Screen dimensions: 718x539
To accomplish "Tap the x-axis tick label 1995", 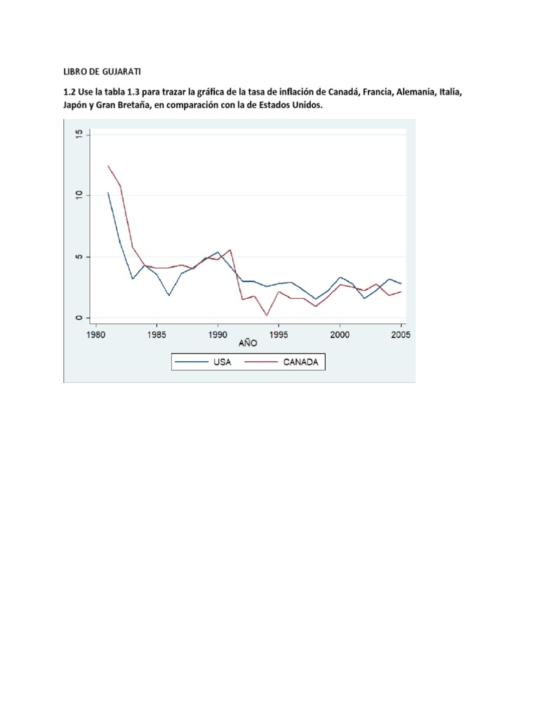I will coord(279,335).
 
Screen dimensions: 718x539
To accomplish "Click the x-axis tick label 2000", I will coord(340,335).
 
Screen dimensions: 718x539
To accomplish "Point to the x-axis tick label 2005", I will coord(400,335).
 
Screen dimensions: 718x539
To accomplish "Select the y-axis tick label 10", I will coord(79,195).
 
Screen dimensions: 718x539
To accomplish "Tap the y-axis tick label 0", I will coord(79,318).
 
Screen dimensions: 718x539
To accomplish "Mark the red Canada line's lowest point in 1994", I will coord(267,316).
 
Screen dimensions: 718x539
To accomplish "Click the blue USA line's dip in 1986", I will coord(169,295).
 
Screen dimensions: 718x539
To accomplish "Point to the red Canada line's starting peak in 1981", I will coord(108,165).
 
